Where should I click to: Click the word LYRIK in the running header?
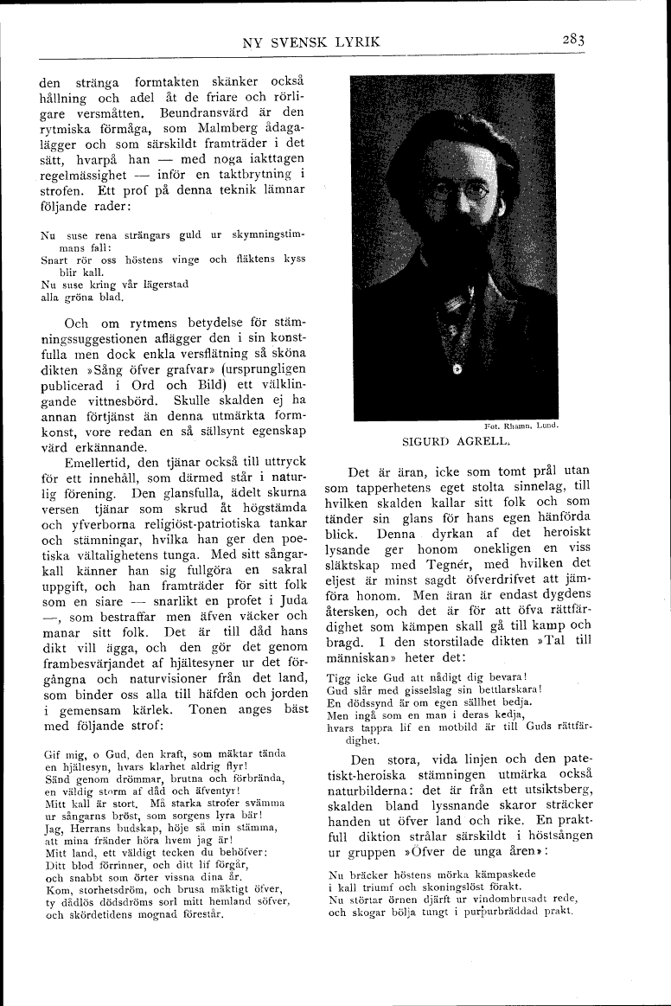coord(355,42)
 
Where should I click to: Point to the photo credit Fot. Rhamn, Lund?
coord(523,425)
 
